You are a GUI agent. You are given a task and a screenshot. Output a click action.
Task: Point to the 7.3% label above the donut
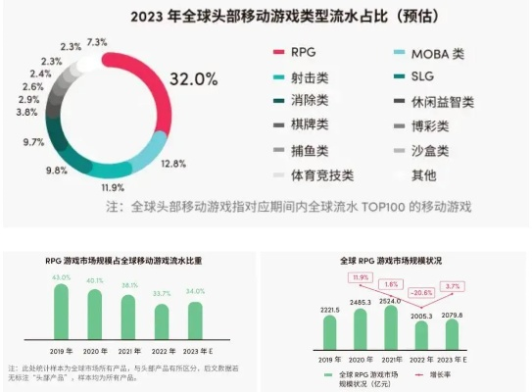(96, 43)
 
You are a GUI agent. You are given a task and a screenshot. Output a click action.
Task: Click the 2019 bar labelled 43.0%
(61, 310)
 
